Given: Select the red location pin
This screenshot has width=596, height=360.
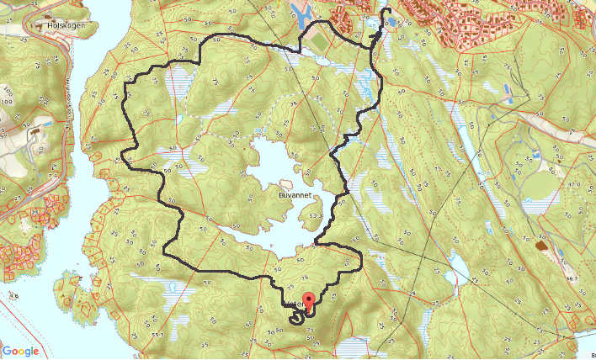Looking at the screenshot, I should point(309,301).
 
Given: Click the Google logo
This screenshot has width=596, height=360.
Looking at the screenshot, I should point(20,351).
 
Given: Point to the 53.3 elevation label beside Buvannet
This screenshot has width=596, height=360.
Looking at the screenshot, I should point(316,216).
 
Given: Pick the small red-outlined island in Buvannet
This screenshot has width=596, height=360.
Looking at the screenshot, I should point(285,183).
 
